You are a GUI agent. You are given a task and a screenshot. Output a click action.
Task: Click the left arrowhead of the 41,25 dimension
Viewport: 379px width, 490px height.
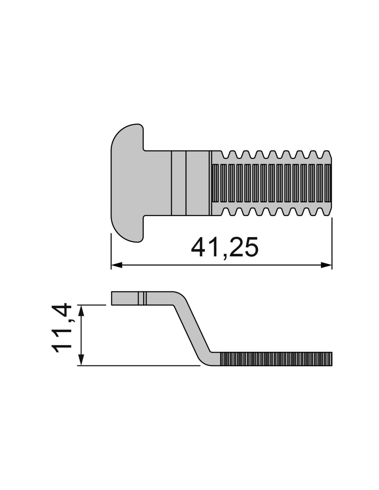pyautogui.click(x=116, y=265)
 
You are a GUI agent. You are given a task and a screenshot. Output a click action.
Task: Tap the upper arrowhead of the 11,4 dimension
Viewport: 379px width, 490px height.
pyautogui.click(x=82, y=311)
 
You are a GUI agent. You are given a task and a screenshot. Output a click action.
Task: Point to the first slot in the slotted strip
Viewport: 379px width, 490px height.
pyautogui.click(x=216, y=183)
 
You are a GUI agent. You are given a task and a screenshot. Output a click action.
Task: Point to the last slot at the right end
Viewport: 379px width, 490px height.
pyautogui.click(x=328, y=183)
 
